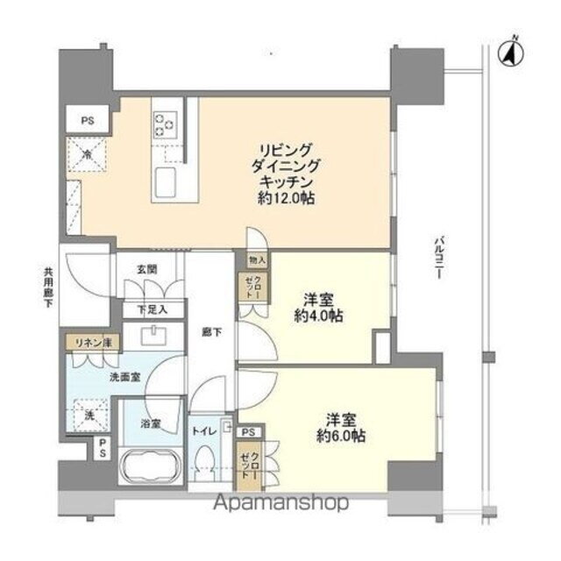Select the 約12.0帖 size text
tap(282, 199)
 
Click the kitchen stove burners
tap(164, 124)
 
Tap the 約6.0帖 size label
tap(341, 436)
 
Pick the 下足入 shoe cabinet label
tap(147, 310)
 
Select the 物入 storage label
tap(258, 261)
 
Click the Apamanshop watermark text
tap(280, 502)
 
